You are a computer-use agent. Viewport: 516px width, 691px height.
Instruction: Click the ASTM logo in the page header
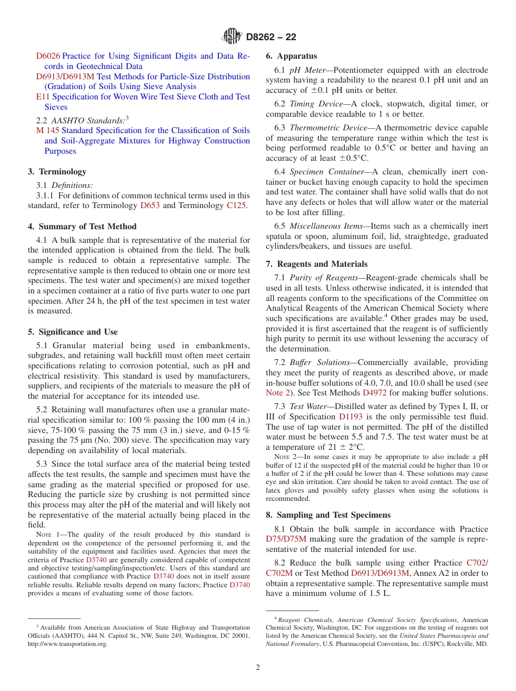(232, 37)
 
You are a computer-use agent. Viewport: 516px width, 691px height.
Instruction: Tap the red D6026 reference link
(48, 56)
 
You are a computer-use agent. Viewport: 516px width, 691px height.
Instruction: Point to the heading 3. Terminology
(57, 172)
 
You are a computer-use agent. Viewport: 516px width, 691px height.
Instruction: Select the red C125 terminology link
(236, 205)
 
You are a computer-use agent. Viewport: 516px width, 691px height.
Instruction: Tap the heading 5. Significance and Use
(73, 332)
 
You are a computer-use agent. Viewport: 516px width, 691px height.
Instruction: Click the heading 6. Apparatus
(291, 56)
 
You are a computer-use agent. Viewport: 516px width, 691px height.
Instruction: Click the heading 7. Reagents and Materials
(317, 264)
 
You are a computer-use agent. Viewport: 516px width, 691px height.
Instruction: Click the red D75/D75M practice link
(286, 539)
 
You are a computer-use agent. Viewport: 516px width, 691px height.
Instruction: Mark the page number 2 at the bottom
(258, 668)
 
